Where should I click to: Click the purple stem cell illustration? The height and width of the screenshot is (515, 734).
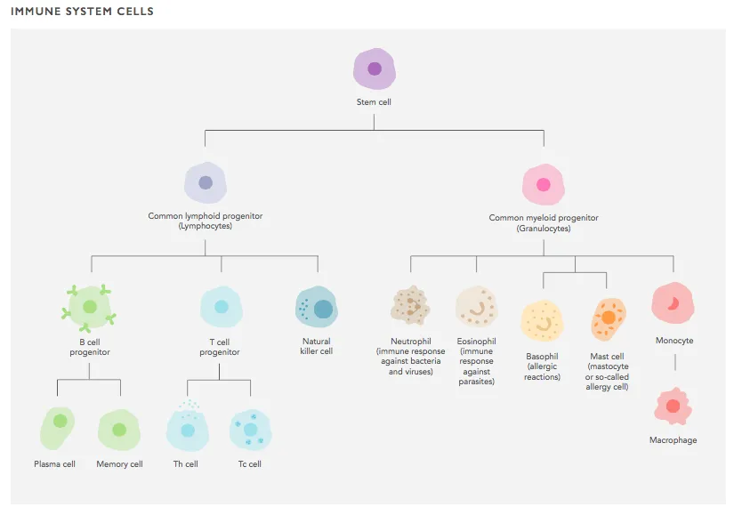tap(374, 68)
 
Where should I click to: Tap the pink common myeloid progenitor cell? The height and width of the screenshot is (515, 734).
tap(544, 184)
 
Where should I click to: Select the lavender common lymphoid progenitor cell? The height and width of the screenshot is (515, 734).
tap(206, 182)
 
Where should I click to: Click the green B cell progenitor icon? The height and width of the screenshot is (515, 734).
tap(89, 308)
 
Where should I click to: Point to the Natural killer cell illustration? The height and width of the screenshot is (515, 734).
tap(317, 307)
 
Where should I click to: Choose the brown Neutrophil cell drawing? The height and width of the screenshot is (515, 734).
tap(410, 306)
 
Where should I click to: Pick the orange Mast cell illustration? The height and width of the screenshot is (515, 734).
tap(608, 320)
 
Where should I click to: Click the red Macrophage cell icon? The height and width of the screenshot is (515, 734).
tap(674, 406)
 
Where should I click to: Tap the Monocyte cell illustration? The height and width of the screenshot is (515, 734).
tap(674, 303)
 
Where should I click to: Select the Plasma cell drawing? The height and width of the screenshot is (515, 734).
tap(57, 428)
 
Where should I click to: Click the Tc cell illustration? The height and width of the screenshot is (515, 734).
tap(250, 430)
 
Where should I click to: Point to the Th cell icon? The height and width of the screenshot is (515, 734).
tap(187, 427)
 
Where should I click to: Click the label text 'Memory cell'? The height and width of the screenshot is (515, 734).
tap(119, 464)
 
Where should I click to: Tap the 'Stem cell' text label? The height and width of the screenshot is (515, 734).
tap(374, 102)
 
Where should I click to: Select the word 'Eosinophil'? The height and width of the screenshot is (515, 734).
tap(476, 342)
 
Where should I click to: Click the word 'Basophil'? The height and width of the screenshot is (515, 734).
tap(542, 357)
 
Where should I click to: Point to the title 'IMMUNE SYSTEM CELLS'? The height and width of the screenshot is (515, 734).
tap(82, 12)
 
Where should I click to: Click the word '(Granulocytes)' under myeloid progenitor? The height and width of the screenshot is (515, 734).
tap(544, 229)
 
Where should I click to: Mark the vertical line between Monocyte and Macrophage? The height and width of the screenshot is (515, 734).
tap(675, 362)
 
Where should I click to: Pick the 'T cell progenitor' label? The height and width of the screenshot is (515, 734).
tap(220, 347)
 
